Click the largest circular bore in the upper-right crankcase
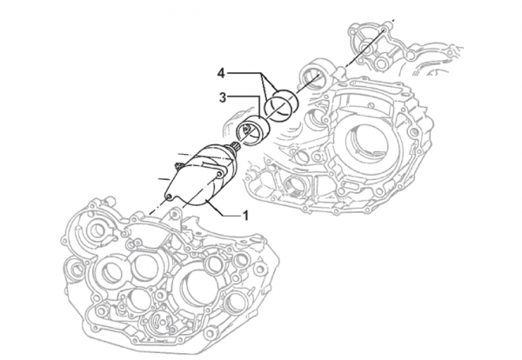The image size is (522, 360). [x=363, y=148]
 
